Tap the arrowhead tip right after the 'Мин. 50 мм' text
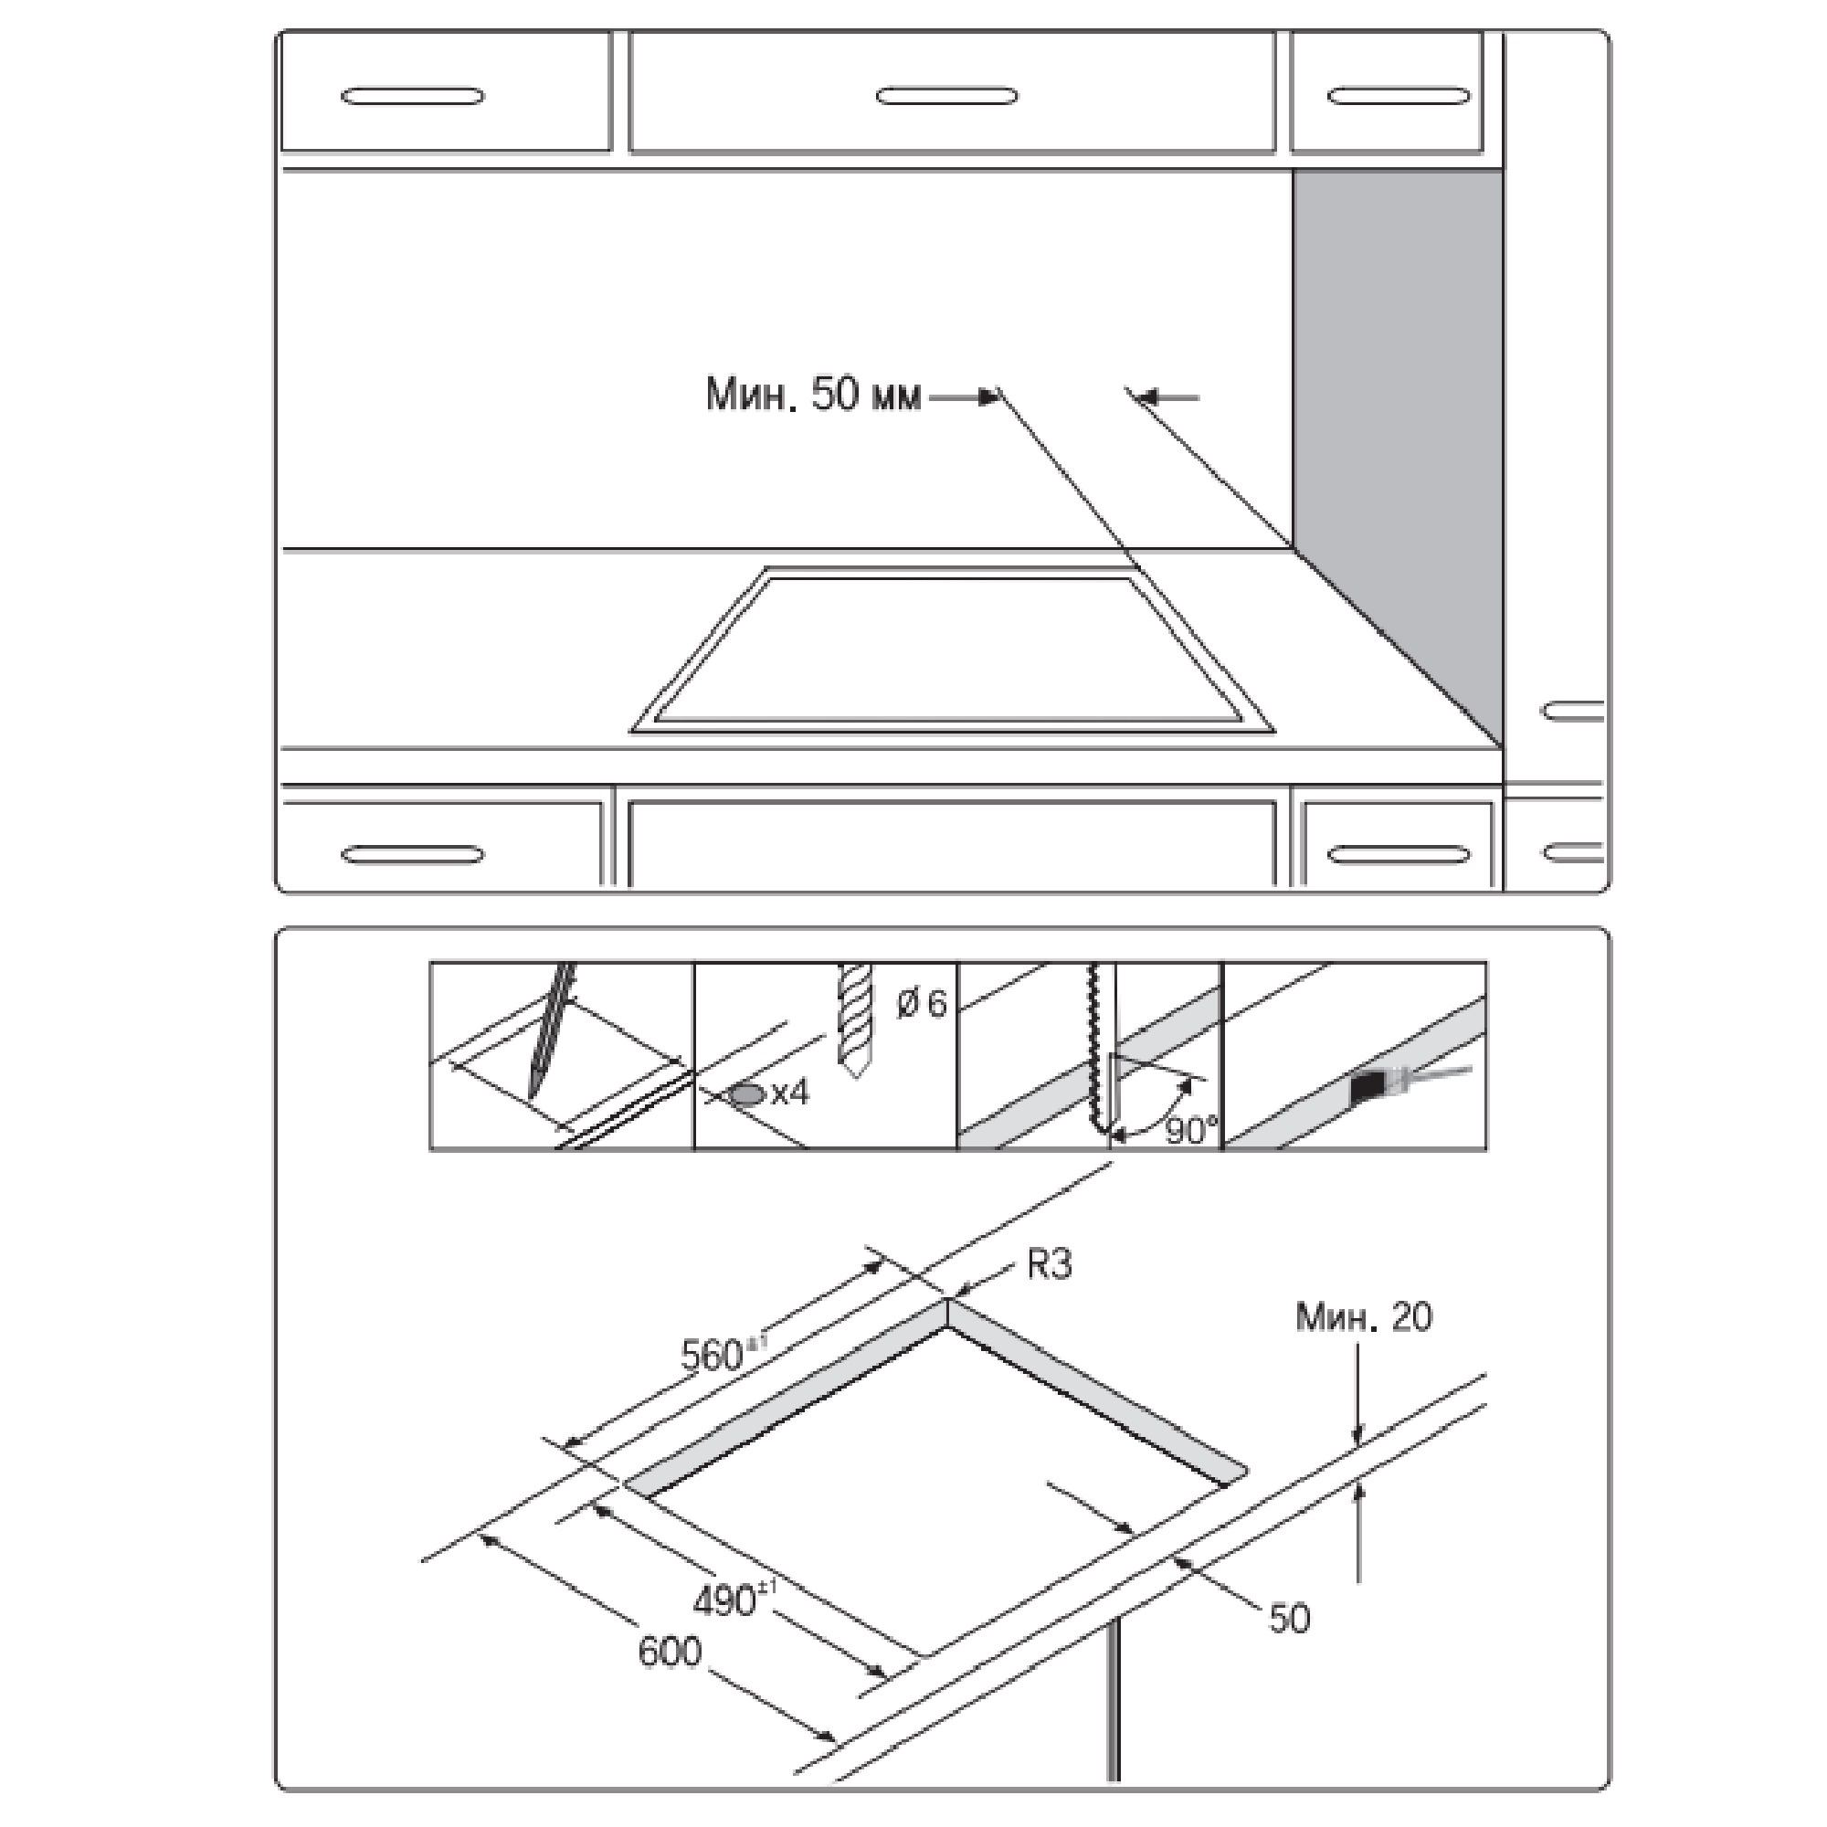click(x=999, y=398)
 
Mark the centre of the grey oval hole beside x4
click(x=749, y=1095)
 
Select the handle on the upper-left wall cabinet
click(x=412, y=96)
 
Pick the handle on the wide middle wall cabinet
click(x=947, y=96)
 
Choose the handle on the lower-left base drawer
click(x=412, y=854)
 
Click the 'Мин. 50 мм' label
click(x=813, y=395)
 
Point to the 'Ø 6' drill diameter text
click(x=920, y=1004)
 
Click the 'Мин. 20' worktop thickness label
click(x=1364, y=1316)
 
